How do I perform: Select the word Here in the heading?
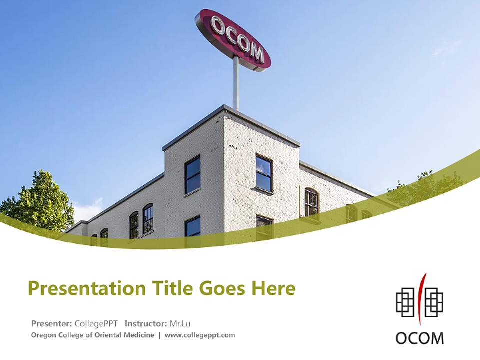point(273,288)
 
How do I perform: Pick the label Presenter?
point(52,323)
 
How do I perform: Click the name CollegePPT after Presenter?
point(96,323)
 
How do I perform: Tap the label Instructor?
point(146,323)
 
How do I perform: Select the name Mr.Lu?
point(180,323)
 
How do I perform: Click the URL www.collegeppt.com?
point(200,335)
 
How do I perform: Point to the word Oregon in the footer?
point(44,335)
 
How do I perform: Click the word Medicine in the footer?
point(140,335)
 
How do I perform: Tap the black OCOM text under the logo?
point(419,338)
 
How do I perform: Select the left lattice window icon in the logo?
point(405,302)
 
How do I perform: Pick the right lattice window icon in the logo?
point(434,302)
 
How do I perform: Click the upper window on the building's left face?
point(192,175)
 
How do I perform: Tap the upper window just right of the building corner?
point(264,173)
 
